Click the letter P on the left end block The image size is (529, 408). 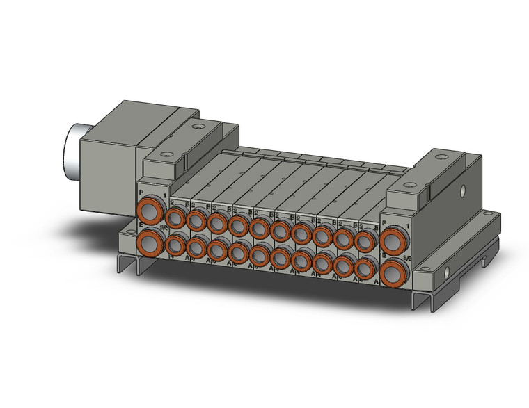(141, 192)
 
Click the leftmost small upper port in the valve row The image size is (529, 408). (175, 219)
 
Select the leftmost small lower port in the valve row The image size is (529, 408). (175, 245)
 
